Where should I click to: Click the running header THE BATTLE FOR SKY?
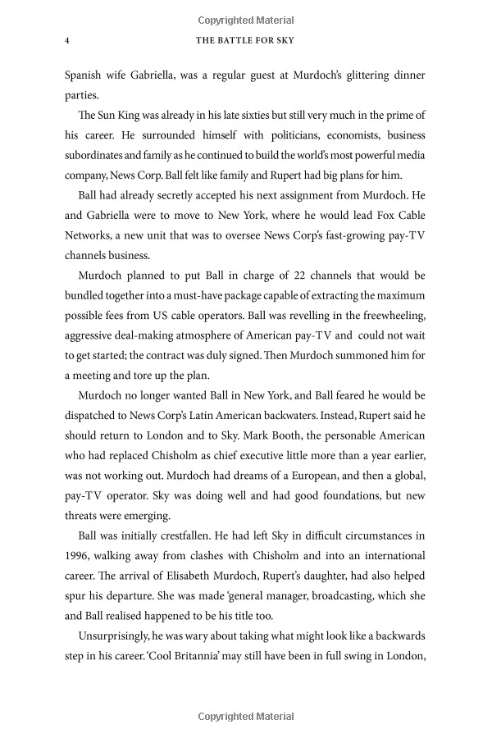245,40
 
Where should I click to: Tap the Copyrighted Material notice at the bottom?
245,717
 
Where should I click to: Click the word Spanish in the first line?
86,75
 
